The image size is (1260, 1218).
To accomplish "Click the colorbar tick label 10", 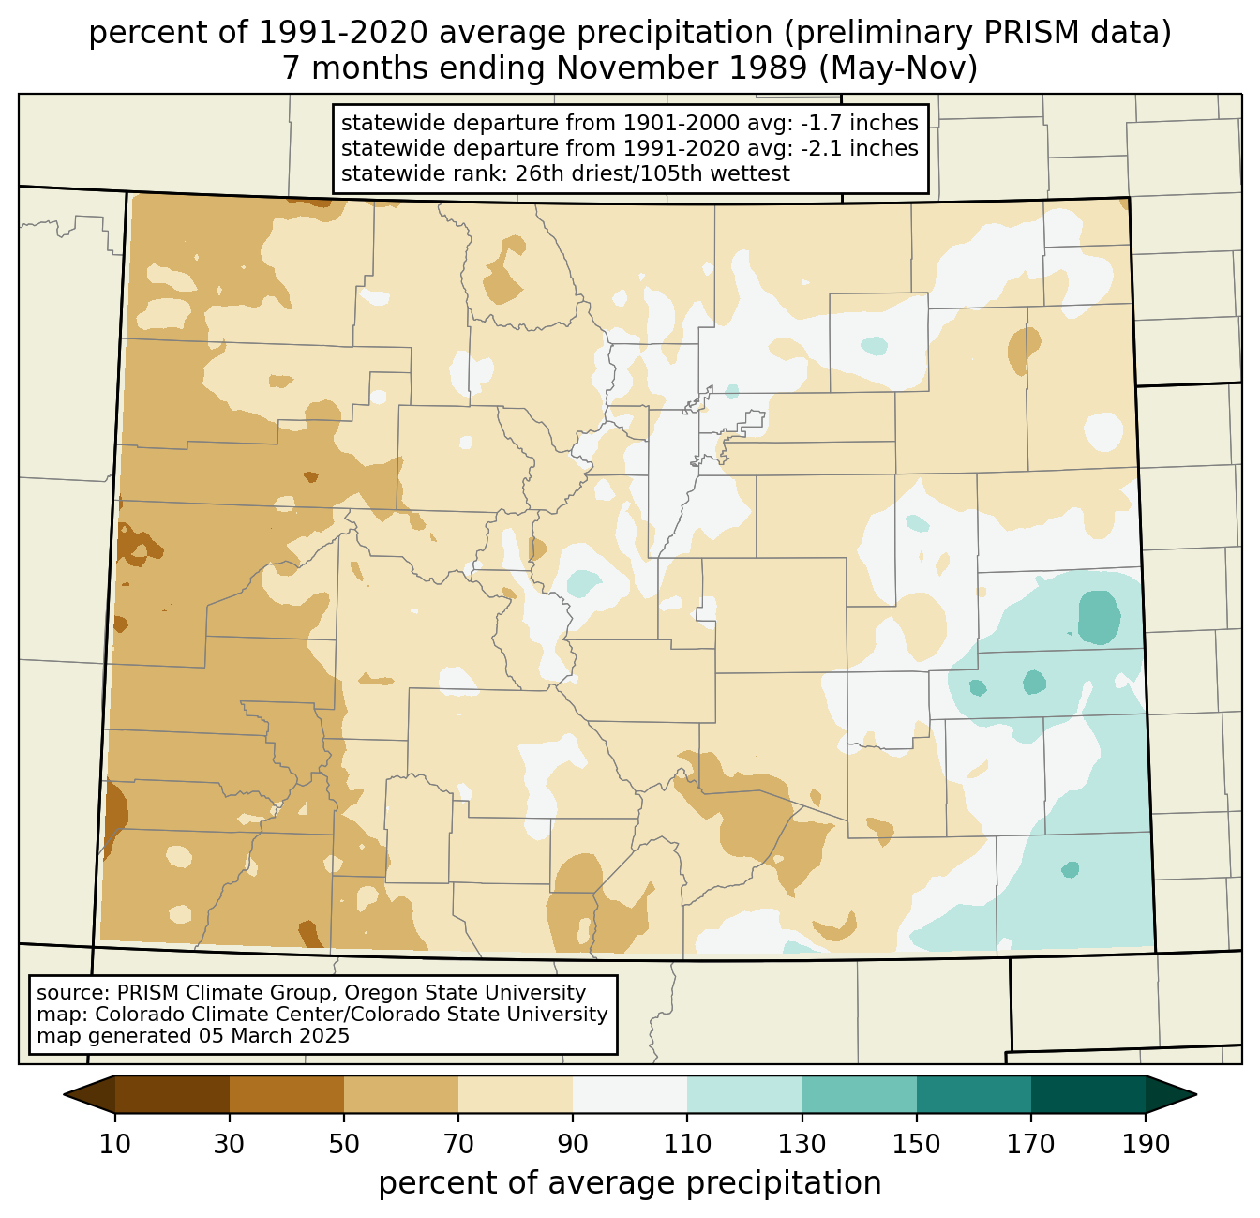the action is click(114, 1144).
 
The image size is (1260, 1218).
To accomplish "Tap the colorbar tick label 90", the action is click(573, 1144).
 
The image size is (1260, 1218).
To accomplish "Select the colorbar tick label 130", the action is click(802, 1144).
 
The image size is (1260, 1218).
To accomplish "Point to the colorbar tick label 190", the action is click(1146, 1144).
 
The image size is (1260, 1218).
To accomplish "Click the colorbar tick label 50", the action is click(344, 1144).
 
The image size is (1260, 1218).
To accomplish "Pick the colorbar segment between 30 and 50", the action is click(286, 1094).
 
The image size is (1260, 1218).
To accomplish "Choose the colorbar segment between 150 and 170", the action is click(973, 1094).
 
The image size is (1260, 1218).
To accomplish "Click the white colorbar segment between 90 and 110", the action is click(630, 1094).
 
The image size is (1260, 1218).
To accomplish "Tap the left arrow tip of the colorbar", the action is click(64, 1094).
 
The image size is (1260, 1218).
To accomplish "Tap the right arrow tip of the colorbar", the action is click(1196, 1094).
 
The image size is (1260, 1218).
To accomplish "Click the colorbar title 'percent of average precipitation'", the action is click(630, 1182).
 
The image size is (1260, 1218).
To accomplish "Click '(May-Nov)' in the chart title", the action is click(899, 68).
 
